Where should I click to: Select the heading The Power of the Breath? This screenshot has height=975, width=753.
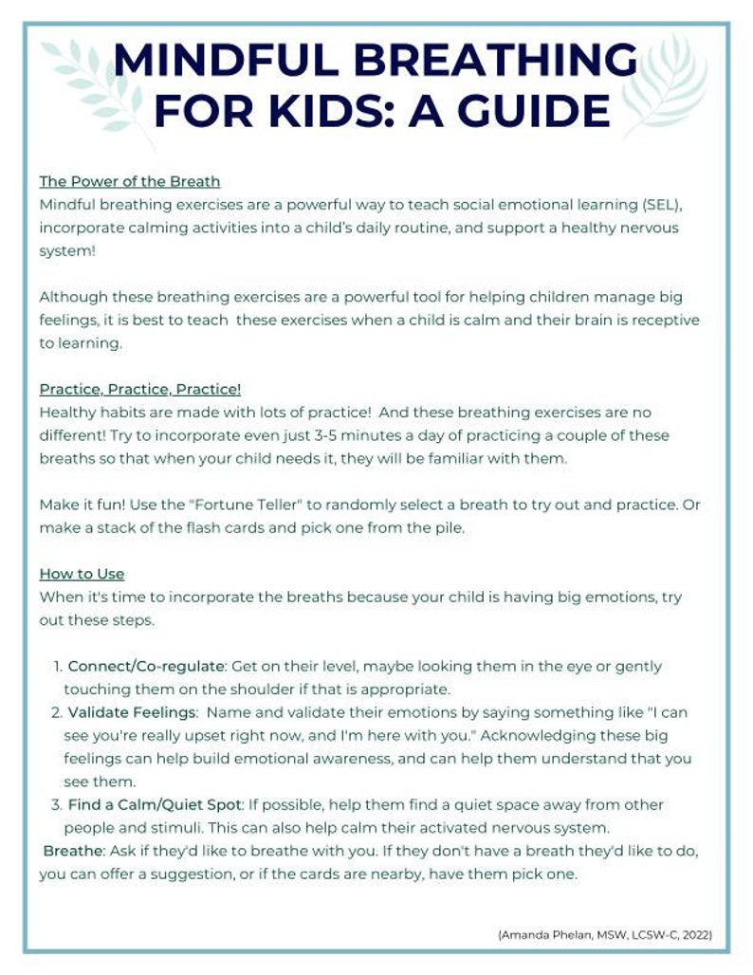130,181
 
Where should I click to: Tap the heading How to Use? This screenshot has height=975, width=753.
82,574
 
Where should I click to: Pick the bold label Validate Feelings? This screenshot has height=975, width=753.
132,712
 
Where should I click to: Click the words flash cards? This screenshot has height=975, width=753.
241,528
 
